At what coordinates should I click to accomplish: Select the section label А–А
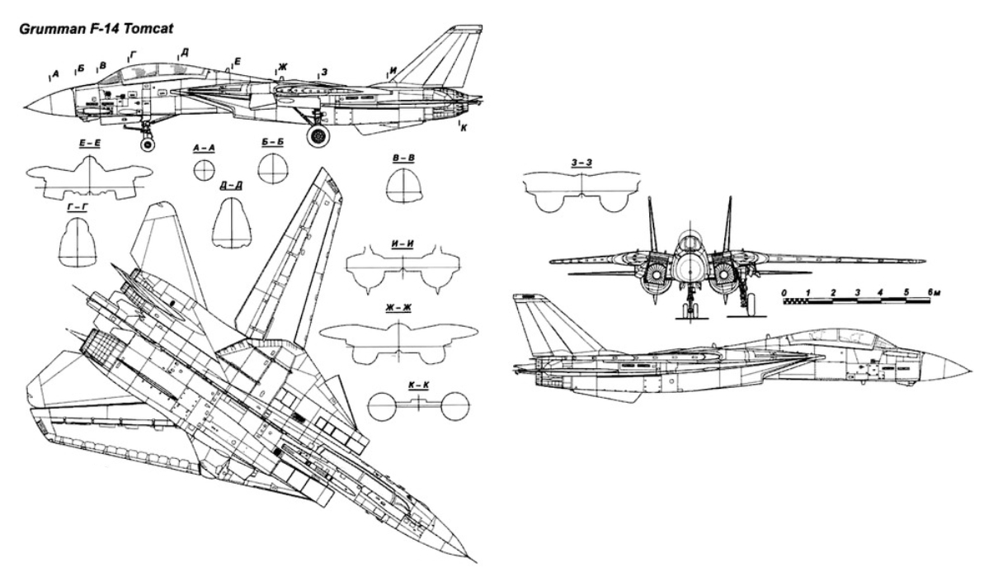(204, 148)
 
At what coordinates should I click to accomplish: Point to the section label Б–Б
(271, 143)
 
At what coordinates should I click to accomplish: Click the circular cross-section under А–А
(204, 170)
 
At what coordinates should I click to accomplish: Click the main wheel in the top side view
(318, 135)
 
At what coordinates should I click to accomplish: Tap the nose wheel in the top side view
(148, 144)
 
